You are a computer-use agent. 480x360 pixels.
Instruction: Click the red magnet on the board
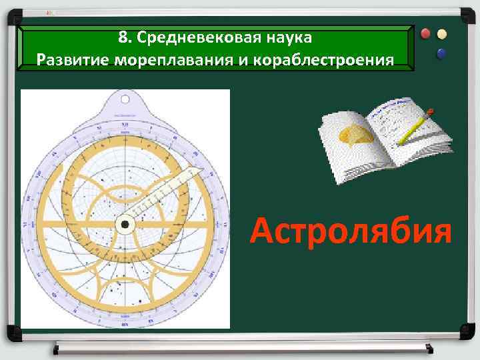425,34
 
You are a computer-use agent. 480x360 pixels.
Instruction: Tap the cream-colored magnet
441,34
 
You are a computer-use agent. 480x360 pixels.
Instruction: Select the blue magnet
441,52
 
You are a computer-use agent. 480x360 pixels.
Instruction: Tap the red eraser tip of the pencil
432,110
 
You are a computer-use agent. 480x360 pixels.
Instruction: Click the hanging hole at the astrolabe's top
125,100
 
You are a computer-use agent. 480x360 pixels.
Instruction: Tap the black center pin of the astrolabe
125,225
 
